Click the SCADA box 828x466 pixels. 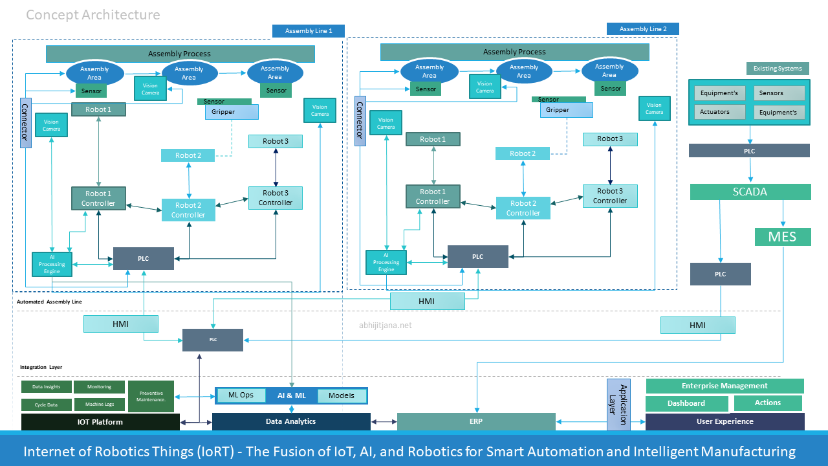tap(750, 192)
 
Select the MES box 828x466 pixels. tap(783, 236)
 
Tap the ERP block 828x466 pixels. tap(475, 421)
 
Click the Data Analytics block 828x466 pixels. tap(291, 421)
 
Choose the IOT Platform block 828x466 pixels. tap(100, 422)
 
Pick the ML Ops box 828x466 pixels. tap(241, 395)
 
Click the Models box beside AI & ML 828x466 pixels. tap(341, 395)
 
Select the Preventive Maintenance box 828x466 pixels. tap(151, 396)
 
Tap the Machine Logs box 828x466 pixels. tap(99, 405)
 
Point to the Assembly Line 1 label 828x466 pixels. tap(309, 31)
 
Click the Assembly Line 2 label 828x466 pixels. tap(643, 29)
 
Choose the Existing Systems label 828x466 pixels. tap(777, 69)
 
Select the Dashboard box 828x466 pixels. tap(686, 403)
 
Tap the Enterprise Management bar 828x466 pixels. tap(724, 386)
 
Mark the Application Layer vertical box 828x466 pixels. tap(618, 405)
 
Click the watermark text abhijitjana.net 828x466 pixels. tap(385, 326)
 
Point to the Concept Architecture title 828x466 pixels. tap(93, 14)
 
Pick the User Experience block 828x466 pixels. tap(724, 421)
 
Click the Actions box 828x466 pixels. tap(767, 403)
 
